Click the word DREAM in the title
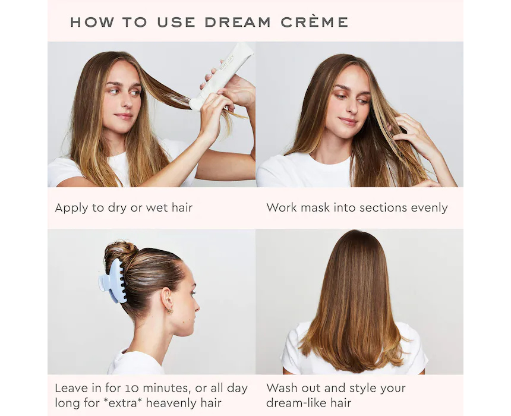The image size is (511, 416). coord(238,22)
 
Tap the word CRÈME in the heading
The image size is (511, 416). coord(314,21)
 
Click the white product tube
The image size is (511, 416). coord(221,77)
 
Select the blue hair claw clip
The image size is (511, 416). coord(112,281)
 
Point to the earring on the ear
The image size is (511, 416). coord(169,310)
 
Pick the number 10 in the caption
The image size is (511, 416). coord(133,388)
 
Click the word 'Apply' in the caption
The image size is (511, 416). coord(71,209)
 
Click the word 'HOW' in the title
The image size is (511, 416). coord(92,22)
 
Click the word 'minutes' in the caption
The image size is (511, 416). coord(166,388)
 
